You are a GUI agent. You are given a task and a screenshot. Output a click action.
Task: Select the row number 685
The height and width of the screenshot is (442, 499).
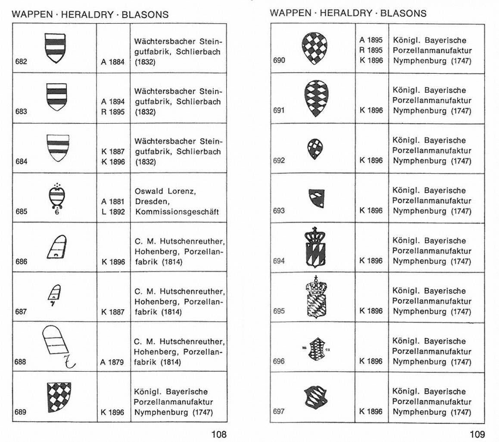point(21,212)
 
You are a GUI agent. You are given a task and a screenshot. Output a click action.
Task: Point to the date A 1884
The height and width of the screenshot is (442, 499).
point(113,62)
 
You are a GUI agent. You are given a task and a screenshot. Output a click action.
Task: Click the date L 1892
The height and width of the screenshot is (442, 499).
point(113,212)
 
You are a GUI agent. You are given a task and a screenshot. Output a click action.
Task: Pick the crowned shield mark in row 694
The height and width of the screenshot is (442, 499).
point(315,248)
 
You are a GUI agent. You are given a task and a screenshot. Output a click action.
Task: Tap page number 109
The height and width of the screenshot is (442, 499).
point(478,434)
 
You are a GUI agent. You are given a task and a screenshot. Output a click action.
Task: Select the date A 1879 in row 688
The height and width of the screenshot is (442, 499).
point(113,362)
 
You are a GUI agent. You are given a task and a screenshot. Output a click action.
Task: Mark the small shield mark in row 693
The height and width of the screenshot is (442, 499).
point(317,197)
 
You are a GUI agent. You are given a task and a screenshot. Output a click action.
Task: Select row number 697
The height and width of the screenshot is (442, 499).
point(279,412)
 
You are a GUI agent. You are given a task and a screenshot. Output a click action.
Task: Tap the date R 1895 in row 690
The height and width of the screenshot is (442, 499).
point(371,50)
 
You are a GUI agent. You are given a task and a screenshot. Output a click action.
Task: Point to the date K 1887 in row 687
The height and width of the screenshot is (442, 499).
point(113,312)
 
